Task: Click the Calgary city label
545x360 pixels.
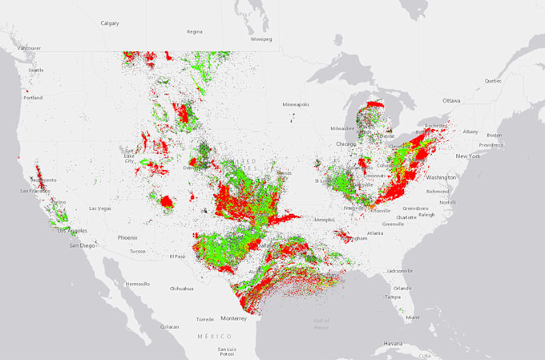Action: point(110,23)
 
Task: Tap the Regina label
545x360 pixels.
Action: point(195,32)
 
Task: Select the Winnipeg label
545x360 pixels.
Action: point(261,38)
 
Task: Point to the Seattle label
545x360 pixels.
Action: point(36,70)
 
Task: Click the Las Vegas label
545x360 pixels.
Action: point(100,208)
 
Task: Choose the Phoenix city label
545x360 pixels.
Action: point(127,237)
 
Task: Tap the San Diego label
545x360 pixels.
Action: point(82,245)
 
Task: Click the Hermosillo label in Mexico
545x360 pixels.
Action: point(137,284)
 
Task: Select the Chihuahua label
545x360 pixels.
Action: point(180,289)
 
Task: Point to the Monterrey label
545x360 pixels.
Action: point(234,318)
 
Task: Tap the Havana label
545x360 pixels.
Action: point(393,343)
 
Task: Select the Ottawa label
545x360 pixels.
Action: point(452,100)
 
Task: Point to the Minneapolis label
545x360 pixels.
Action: point(295,104)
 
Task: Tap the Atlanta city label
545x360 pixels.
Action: point(375,233)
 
